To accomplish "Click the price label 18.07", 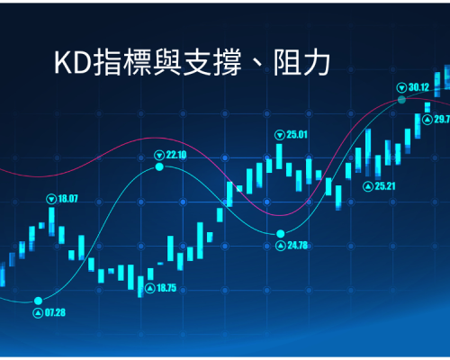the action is [67, 199].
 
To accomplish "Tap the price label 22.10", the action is [176, 155].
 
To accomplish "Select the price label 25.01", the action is [297, 135].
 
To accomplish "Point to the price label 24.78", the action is [298, 246].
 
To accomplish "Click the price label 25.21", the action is [385, 186].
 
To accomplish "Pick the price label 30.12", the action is [418, 87].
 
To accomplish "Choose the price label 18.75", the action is [166, 288].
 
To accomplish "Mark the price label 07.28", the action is [55, 312].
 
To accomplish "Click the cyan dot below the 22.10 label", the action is [159, 166].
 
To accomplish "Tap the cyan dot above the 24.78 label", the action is [281, 233].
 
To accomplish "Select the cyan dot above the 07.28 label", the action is [38, 301].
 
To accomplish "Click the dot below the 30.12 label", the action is [401, 100].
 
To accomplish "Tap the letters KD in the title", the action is [73, 63].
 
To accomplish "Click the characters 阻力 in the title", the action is [301, 63].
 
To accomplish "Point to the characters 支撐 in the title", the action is [212, 63].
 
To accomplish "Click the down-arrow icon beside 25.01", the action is [280, 135].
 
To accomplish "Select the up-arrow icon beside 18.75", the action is [150, 289].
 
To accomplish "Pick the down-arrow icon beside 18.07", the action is [51, 199].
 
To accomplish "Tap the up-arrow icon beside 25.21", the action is [368, 187].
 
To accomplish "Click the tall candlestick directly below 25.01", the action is [279, 157].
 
